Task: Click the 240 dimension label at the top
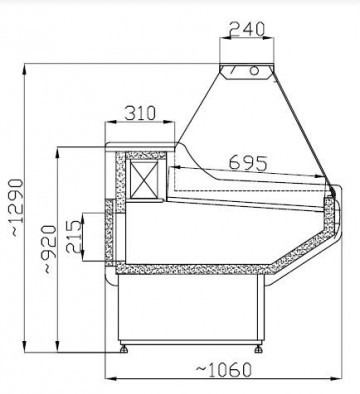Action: point(246,28)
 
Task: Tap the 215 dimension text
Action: point(73,238)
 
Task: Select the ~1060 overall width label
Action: point(217,371)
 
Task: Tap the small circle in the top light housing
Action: point(253,70)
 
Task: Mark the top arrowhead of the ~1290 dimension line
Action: point(24,66)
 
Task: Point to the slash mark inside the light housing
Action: point(233,70)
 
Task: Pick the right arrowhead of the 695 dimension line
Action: point(331,168)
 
